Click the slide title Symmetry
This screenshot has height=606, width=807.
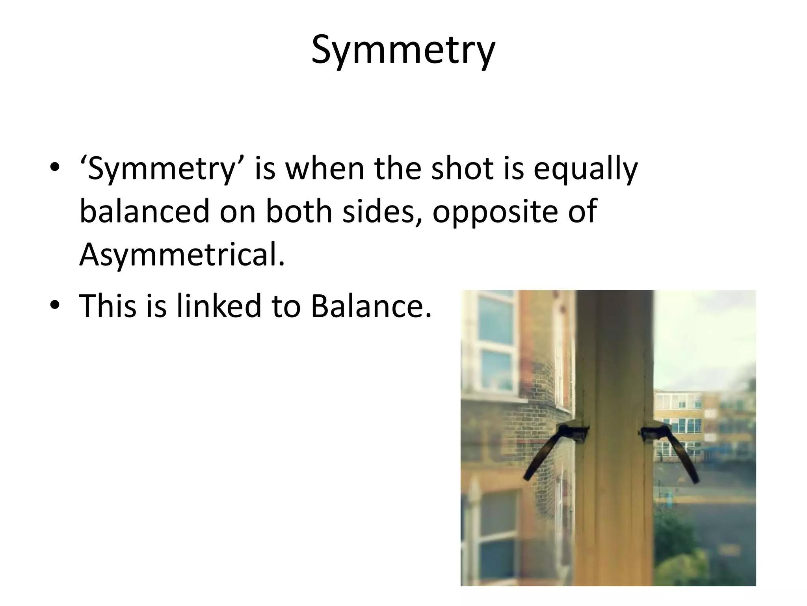403,50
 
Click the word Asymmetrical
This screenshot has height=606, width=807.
182,255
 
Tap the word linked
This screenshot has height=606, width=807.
219,306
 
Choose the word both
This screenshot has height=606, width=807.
299,211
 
